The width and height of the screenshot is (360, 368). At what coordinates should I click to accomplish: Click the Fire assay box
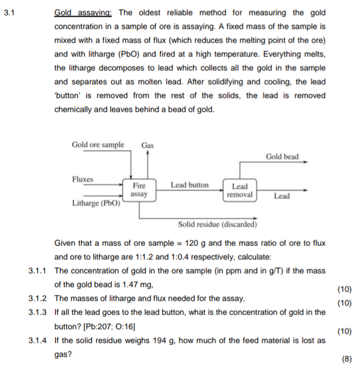coord(139,190)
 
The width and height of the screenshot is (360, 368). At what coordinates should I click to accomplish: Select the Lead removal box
coord(239,190)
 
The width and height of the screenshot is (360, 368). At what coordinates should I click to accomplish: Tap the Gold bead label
coord(282,157)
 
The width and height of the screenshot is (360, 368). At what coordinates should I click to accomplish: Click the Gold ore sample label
coord(97,145)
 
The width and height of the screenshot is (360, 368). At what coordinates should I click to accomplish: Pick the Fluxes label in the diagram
coord(82,179)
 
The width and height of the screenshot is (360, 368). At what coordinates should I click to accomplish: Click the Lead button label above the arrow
coord(190,185)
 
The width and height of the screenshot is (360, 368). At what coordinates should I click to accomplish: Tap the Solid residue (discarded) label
coord(217,224)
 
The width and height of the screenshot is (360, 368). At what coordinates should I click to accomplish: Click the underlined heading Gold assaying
coord(84,13)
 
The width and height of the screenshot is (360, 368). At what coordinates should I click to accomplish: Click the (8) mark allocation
coord(346,359)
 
